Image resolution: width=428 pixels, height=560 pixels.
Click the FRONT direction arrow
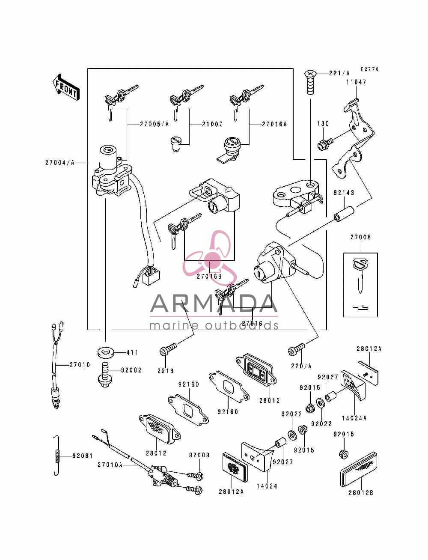point(66,87)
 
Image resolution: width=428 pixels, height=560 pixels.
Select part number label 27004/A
point(59,163)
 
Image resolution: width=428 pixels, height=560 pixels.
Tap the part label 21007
point(212,124)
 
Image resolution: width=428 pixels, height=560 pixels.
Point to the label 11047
point(356,82)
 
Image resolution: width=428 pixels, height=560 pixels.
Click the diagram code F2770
point(370,69)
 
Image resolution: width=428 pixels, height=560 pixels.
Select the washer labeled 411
point(105,353)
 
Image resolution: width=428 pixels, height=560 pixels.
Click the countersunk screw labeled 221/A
point(310,82)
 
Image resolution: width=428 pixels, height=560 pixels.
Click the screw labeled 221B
point(168,349)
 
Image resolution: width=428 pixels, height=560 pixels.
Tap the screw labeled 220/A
point(296,349)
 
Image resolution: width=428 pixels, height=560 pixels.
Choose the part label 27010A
point(110,465)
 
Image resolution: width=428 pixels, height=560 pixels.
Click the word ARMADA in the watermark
point(214,304)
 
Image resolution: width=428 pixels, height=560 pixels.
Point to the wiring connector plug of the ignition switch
point(151,277)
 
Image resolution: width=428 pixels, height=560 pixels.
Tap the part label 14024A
point(354,418)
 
